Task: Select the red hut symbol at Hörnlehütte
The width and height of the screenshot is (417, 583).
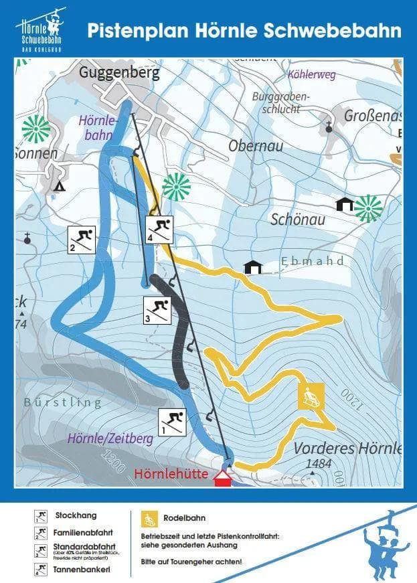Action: coord(222,478)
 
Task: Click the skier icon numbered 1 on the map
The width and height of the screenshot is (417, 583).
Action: coord(173,421)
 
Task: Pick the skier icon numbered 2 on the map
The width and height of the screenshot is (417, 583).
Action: coord(82,239)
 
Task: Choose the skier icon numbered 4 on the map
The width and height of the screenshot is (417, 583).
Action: coord(160,230)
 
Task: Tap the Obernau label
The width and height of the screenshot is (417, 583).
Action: coord(256,146)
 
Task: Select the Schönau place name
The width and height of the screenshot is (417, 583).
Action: coord(297,220)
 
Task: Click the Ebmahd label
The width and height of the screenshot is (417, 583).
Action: coord(313,262)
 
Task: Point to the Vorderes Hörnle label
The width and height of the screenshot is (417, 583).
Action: coord(347,448)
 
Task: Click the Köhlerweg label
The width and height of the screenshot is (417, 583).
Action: coord(311,75)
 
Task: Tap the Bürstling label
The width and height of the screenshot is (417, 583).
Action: coord(62,402)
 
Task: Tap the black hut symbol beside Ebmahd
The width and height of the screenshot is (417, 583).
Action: coord(253,267)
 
